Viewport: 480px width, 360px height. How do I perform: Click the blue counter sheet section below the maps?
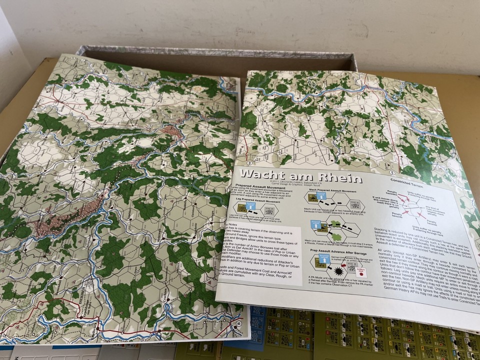click(256, 325)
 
